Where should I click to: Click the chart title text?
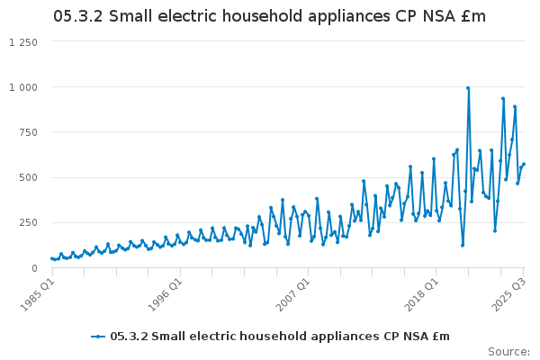(269, 16)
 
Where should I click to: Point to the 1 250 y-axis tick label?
(23, 42)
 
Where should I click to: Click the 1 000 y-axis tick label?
(23, 87)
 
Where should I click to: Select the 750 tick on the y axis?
(28, 132)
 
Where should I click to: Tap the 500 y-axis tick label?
(28, 177)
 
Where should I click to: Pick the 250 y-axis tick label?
(28, 222)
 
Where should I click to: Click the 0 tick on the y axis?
(33, 267)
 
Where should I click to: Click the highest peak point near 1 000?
(468, 88)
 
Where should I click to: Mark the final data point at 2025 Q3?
(524, 164)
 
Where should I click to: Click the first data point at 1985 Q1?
(51, 258)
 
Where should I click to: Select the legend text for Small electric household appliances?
(279, 337)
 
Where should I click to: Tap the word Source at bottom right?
(508, 351)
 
